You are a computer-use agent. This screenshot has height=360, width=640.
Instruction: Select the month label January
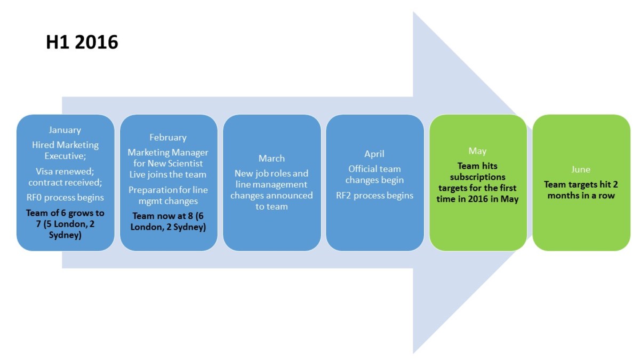(x=65, y=130)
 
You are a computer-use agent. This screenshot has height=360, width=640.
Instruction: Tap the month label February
(x=168, y=138)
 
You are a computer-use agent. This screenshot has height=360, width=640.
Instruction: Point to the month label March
(x=271, y=158)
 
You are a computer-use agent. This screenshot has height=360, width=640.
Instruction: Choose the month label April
(x=374, y=154)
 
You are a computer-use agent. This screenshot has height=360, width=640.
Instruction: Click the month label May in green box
(x=477, y=151)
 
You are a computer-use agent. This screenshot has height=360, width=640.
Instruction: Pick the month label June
(x=581, y=170)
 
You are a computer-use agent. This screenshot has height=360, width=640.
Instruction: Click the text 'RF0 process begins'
(x=65, y=198)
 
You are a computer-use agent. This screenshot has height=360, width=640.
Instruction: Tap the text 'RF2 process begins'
(x=374, y=195)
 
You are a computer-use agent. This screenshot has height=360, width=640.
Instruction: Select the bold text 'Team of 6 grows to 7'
(x=65, y=218)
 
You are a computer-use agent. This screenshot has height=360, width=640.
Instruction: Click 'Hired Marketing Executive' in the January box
(x=65, y=150)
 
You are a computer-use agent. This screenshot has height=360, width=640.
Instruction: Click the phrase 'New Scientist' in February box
(x=175, y=163)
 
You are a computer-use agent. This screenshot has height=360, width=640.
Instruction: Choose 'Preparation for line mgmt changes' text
(x=168, y=196)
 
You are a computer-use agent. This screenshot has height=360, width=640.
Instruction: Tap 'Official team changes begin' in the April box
(x=374, y=174)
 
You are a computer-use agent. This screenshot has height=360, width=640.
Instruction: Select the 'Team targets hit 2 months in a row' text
(x=581, y=190)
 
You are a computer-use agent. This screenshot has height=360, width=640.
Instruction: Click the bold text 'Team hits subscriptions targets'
(x=477, y=177)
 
